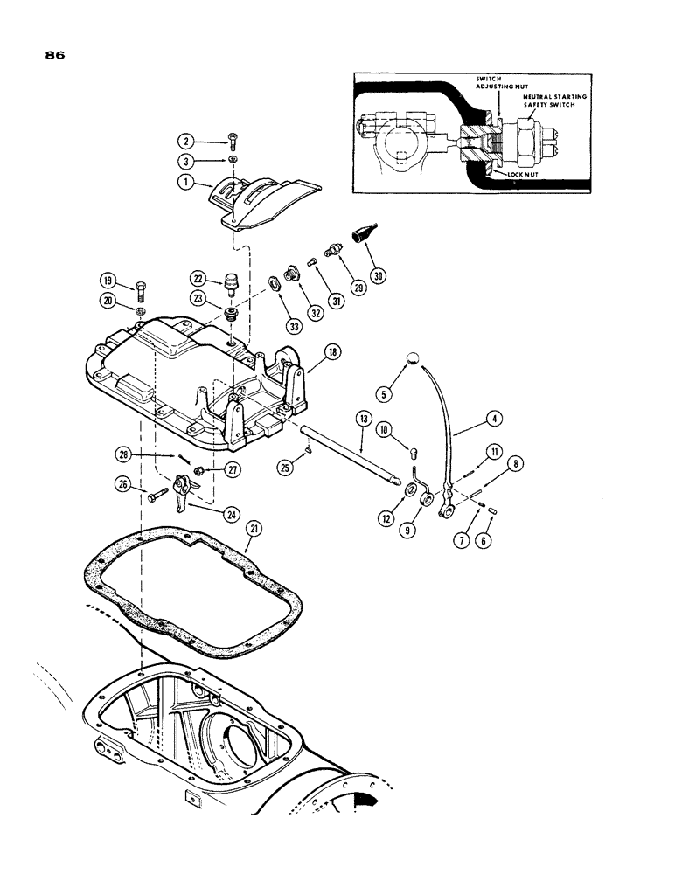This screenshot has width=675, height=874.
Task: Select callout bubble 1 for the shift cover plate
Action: click(x=185, y=183)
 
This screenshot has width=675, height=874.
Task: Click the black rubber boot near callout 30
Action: click(x=360, y=236)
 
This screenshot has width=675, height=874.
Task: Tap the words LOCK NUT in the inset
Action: click(x=512, y=174)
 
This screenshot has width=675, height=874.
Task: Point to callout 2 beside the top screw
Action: click(x=185, y=140)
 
